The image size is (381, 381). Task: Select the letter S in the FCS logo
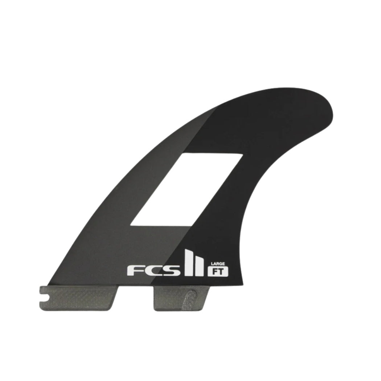pyautogui.click(x=171, y=271)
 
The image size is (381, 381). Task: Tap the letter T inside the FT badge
pyautogui.click(x=221, y=272)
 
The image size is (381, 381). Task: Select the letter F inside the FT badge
pyautogui.click(x=215, y=272)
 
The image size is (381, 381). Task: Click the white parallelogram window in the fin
pyautogui.click(x=187, y=189)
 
